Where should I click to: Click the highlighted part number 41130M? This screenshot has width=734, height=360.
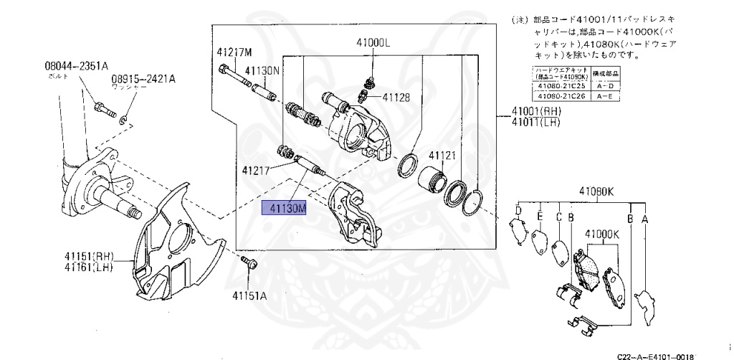point(285,209)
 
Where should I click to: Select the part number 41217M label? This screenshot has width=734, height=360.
point(234,52)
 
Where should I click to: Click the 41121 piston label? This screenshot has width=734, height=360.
point(442,155)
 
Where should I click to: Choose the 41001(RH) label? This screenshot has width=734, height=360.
point(535,113)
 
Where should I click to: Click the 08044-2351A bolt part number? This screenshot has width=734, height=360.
point(76,66)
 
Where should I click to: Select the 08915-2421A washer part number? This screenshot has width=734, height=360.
point(143,79)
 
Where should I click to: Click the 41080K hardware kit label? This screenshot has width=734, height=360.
point(596,191)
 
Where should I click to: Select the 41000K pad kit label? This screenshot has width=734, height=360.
point(601,234)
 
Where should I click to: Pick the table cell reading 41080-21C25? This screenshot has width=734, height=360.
point(560,86)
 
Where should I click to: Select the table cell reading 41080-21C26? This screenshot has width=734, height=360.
point(560,95)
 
